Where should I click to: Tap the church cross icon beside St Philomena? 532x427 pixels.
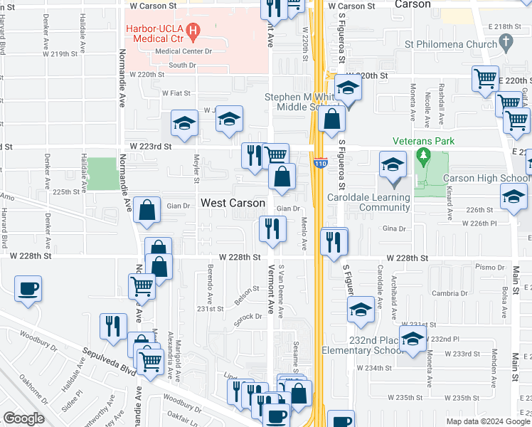coord(506,43)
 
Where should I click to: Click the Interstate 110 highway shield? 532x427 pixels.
coord(320,164)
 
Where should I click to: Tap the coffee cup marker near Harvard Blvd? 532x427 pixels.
coord(28,289)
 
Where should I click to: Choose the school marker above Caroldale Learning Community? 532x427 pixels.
coord(393,166)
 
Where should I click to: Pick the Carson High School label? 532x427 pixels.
coord(486,178)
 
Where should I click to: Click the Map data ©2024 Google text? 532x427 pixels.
coord(487,421)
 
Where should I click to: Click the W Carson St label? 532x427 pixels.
coord(151,6)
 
